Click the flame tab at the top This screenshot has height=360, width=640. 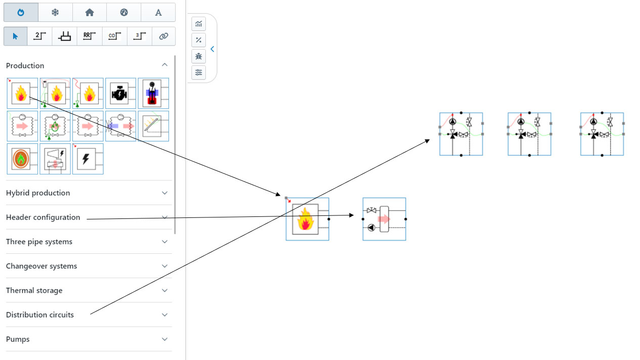21,12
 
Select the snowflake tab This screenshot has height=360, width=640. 55,12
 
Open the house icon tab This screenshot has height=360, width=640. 90,12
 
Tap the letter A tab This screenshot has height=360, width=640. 158,12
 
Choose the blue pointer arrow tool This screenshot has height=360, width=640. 15,36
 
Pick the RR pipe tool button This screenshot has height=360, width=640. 90,36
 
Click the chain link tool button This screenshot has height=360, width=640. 163,36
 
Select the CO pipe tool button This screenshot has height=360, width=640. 114,36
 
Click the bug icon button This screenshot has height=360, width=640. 199,56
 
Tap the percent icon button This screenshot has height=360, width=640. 199,40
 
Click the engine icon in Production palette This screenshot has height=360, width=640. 120,94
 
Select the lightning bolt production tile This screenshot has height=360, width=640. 88,159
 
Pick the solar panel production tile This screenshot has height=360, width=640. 153,126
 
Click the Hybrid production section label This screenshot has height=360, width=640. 38,193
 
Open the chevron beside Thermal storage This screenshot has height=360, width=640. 164,290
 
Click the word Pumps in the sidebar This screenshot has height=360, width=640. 18,339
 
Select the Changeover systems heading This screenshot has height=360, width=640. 41,266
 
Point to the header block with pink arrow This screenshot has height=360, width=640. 384,219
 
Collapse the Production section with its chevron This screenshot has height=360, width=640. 164,65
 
